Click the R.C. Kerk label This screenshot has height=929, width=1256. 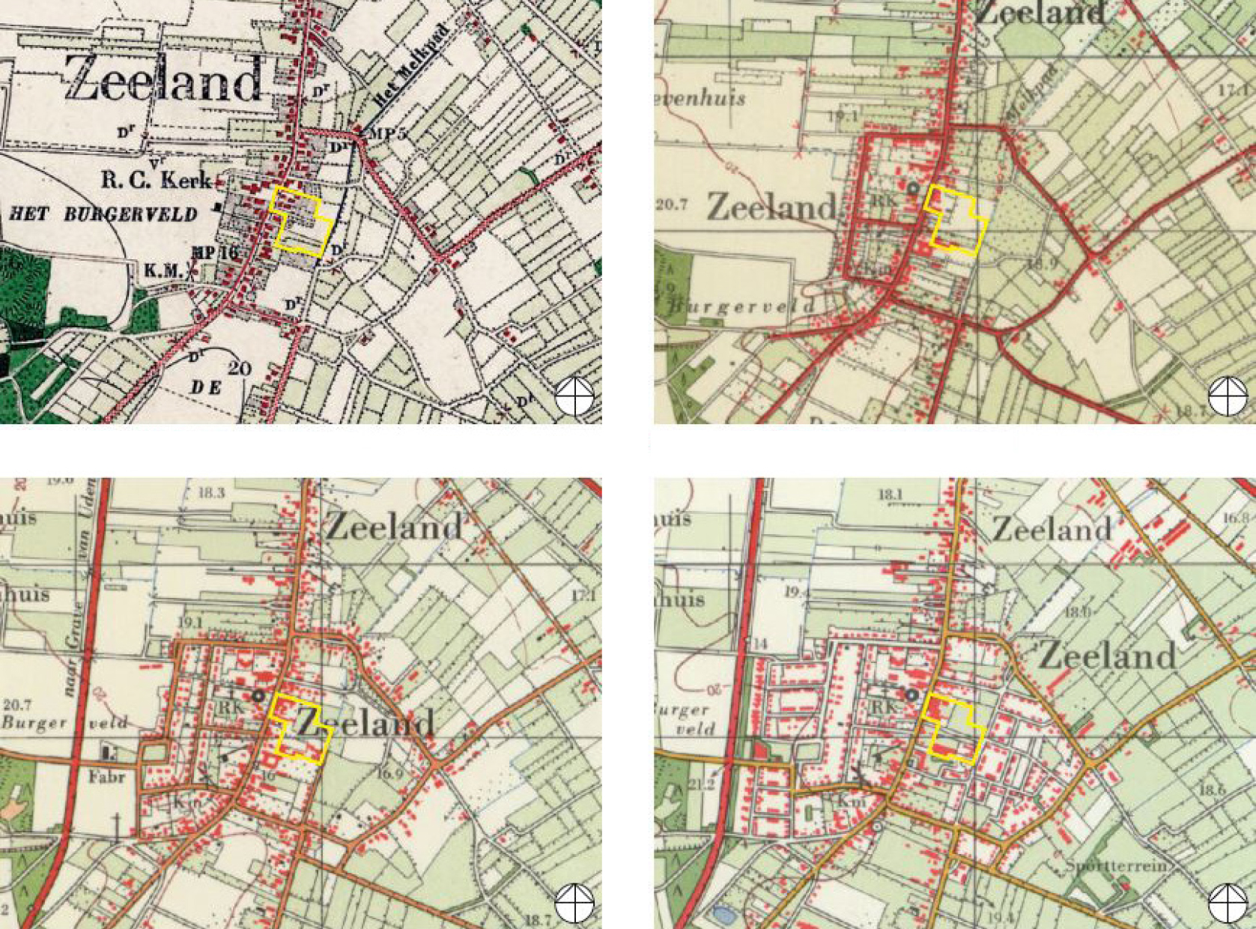coord(157,181)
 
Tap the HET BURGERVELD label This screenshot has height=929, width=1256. coord(103,214)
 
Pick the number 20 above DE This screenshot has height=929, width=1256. coord(240,368)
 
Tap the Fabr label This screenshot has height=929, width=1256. coord(106,777)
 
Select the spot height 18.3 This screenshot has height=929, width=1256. coord(212,492)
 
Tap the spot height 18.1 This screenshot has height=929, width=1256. coord(891,494)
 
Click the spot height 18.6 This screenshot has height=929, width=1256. coord(1211,790)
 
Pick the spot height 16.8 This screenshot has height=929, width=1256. coord(1237,518)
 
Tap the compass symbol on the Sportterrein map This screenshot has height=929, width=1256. coord(1228,903)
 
